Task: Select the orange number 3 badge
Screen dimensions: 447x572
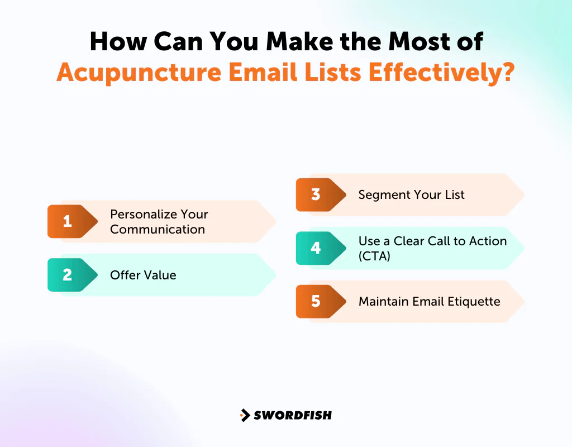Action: click(316, 194)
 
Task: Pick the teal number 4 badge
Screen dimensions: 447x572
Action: click(316, 248)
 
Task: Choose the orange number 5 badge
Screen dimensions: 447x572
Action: click(316, 302)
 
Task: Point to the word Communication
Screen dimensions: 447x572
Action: click(158, 229)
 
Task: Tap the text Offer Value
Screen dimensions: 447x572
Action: click(143, 275)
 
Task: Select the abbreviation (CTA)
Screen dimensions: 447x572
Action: click(374, 256)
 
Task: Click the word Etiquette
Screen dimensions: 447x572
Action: click(474, 302)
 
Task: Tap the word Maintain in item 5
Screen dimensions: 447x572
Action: click(383, 302)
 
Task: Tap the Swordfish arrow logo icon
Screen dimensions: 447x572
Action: click(245, 415)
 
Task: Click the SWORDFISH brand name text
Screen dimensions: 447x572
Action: click(293, 415)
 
